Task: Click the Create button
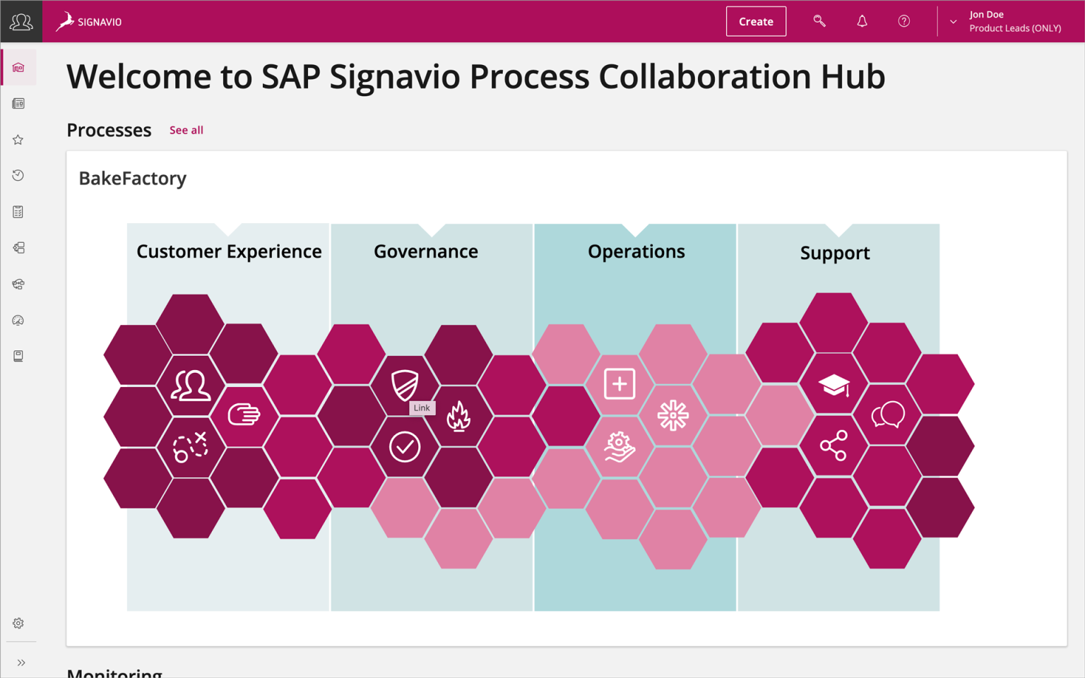coord(756,21)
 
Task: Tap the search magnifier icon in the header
coord(819,21)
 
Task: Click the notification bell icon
coord(862,21)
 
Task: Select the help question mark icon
coord(903,21)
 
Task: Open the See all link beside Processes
coord(186,130)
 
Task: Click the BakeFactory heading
coord(133,178)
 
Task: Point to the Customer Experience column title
coord(229,251)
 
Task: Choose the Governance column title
coord(426,251)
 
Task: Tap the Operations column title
coord(636,251)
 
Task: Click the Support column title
coord(835,253)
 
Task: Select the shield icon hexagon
coord(405,384)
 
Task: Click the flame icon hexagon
coord(458,416)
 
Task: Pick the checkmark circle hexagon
coord(405,447)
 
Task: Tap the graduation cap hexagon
coord(834,385)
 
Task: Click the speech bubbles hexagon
coord(887,415)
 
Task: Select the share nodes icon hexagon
coord(834,446)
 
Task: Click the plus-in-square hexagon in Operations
coord(619,384)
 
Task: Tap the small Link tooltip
coord(422,408)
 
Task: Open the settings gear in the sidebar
coord(18,624)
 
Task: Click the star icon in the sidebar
coord(18,140)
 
